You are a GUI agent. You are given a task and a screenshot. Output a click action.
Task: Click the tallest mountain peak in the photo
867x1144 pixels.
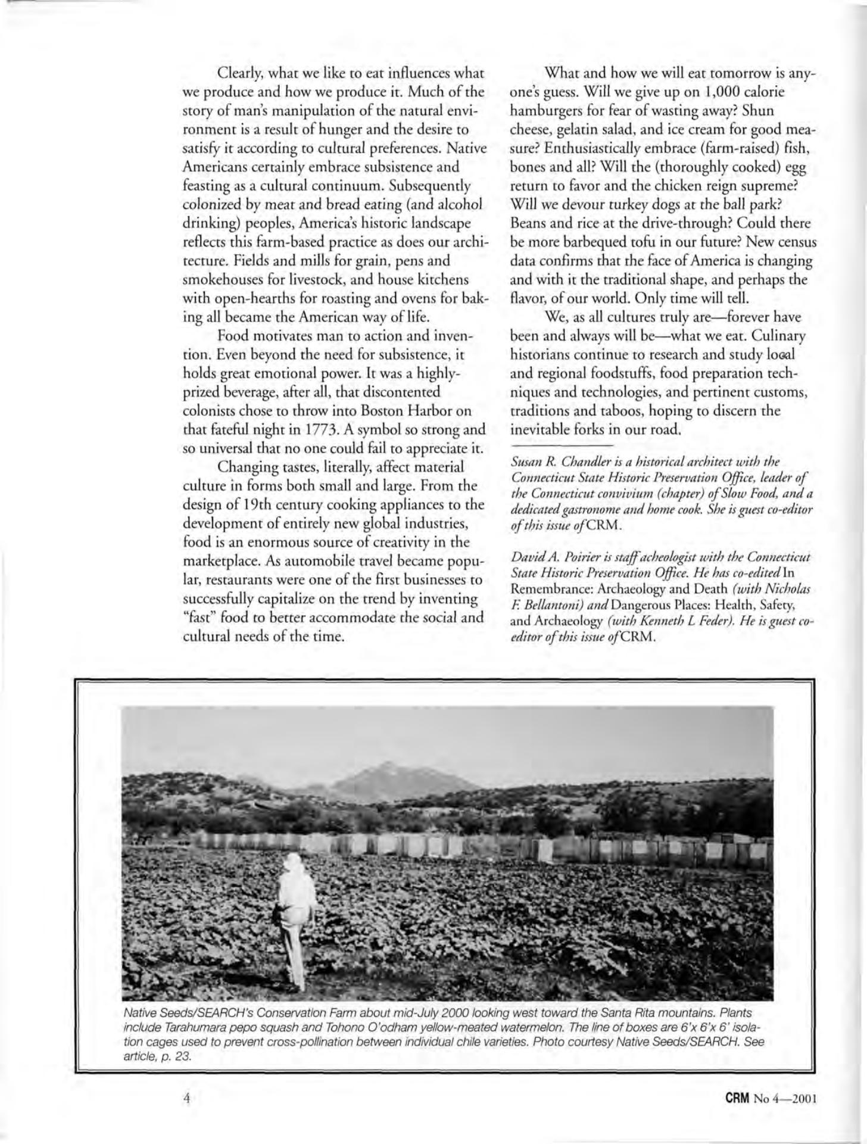click(x=370, y=771)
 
